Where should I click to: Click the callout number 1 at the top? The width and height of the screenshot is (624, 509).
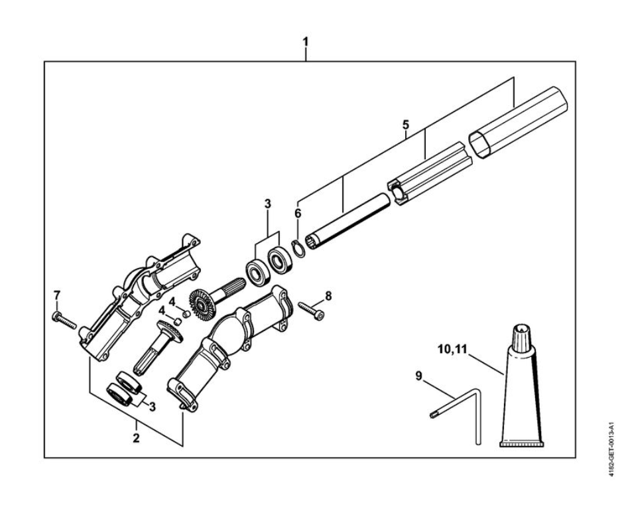pyautogui.click(x=305, y=41)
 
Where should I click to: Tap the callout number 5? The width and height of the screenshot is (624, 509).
pyautogui.click(x=406, y=124)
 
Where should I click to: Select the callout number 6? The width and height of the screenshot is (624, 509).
pyautogui.click(x=298, y=214)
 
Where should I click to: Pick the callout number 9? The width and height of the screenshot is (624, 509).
pyautogui.click(x=418, y=376)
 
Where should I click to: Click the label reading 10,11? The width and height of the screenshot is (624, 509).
pyautogui.click(x=453, y=348)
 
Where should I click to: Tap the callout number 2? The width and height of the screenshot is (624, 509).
pyautogui.click(x=136, y=438)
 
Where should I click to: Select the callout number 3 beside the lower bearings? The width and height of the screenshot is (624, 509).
pyautogui.click(x=153, y=406)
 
